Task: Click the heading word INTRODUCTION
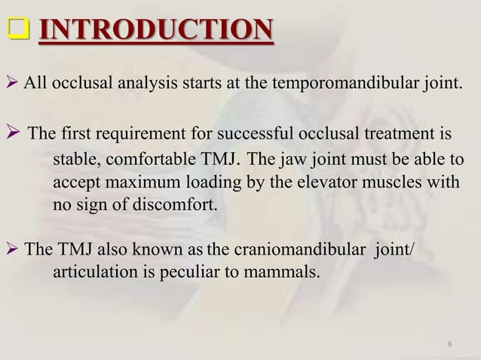pos(155,31)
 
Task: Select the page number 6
pos(449,345)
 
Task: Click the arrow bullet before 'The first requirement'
pos(15,136)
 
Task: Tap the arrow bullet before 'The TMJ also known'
pos(14,250)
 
